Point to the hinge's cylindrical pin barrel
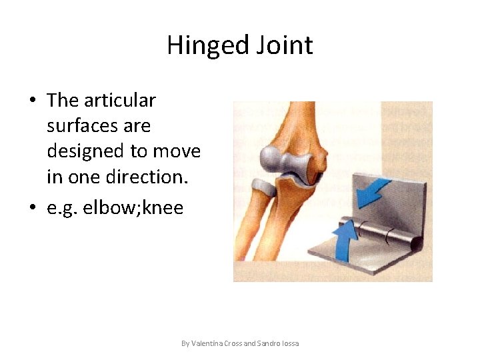387,234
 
